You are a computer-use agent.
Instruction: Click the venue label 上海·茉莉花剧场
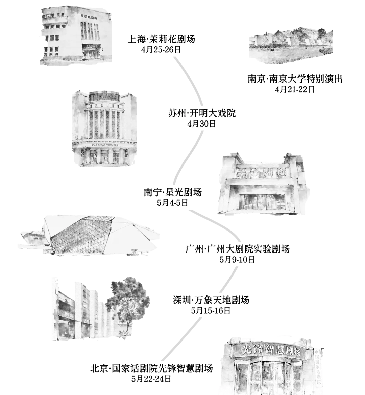161,39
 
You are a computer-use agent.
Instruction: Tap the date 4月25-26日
161,50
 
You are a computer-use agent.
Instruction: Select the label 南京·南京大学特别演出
295,79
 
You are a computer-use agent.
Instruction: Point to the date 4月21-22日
295,89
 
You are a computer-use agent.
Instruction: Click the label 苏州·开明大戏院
202,113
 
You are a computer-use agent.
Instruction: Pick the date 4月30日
201,124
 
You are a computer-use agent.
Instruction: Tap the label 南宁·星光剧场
173,192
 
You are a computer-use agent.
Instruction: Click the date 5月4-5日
173,203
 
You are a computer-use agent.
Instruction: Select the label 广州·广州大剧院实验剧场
238,249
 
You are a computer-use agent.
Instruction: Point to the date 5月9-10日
237,260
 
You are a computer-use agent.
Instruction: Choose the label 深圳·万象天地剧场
211,300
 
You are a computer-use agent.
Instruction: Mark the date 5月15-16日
211,311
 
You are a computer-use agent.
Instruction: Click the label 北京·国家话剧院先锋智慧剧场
151,368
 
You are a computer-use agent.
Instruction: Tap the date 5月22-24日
151,379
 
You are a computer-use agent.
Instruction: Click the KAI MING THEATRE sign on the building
105,145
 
